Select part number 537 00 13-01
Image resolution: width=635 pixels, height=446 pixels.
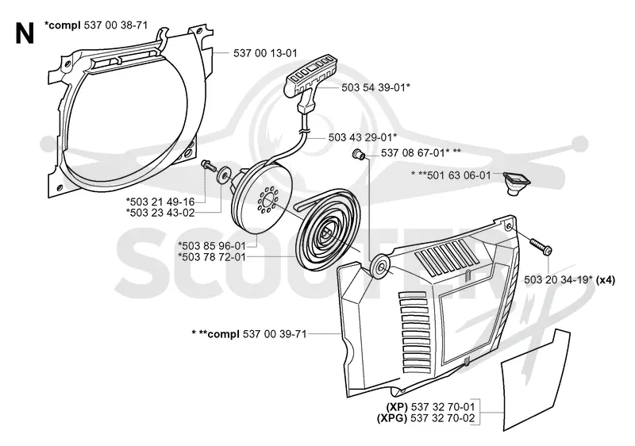click(x=265, y=53)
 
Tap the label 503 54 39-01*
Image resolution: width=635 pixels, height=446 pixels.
click(x=375, y=87)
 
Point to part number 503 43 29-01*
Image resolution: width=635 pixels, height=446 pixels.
click(x=363, y=137)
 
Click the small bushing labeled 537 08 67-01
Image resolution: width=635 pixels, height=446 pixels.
click(x=358, y=154)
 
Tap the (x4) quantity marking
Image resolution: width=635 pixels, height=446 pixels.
click(x=606, y=279)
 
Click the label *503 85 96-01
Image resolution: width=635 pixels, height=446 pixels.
click(x=212, y=246)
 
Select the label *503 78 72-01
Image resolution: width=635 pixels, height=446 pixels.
click(x=212, y=257)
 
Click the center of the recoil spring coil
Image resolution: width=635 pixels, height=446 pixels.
click(x=326, y=233)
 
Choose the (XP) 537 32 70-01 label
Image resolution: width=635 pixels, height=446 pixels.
click(x=430, y=407)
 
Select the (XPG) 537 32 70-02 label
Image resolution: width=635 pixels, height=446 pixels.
click(x=425, y=418)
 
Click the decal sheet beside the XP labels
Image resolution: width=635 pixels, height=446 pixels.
click(x=535, y=380)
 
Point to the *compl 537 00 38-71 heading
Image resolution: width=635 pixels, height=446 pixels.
click(x=96, y=25)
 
